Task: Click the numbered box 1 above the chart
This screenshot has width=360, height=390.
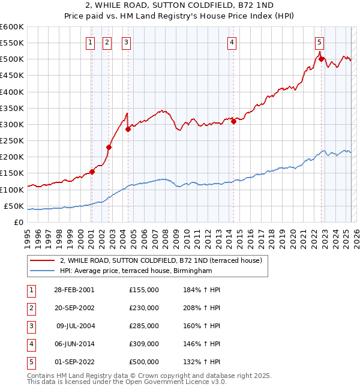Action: click(x=89, y=42)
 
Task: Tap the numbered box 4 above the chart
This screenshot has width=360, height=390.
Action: click(x=232, y=42)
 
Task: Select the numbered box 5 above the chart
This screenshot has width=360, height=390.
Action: click(x=319, y=42)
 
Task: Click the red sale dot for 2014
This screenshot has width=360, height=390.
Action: click(x=233, y=122)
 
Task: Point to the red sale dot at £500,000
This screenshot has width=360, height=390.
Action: click(x=321, y=59)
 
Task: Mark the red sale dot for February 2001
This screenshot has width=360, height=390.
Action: click(x=92, y=172)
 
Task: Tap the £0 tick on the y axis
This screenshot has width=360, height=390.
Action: click(x=19, y=222)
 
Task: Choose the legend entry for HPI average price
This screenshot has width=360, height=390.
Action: click(x=136, y=271)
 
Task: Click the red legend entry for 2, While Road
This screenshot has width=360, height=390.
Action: click(x=161, y=261)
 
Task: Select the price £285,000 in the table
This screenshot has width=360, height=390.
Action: click(x=144, y=326)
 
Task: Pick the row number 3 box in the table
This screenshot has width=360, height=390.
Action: click(x=30, y=326)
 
